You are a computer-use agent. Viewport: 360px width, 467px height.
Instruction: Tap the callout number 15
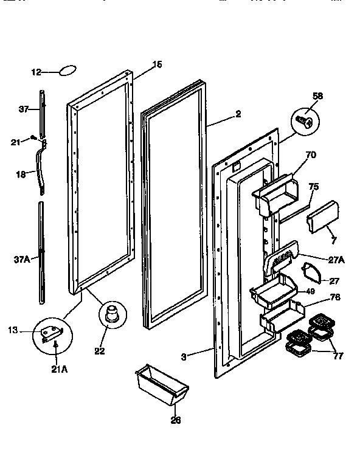click(x=156, y=64)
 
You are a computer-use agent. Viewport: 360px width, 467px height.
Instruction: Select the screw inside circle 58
click(x=306, y=122)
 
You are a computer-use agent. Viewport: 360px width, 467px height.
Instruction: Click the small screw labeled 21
click(x=34, y=141)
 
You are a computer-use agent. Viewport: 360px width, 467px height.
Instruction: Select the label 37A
click(x=21, y=258)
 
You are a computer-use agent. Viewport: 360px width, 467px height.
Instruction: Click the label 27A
click(x=336, y=260)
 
